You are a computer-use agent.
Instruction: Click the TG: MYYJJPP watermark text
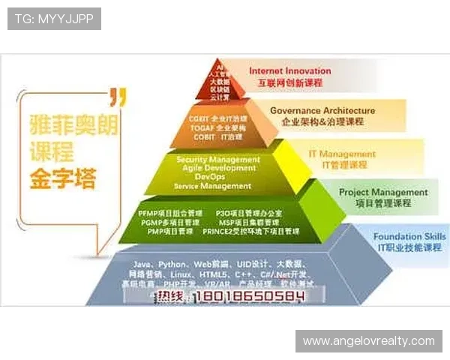click(53, 18)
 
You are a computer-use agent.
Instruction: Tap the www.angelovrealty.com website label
click(368, 341)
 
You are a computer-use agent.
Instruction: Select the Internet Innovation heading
click(289, 71)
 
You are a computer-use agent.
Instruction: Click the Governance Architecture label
click(322, 111)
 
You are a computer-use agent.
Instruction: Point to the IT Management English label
click(342, 154)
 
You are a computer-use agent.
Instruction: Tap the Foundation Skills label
click(409, 237)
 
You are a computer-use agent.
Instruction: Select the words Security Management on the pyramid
click(218, 160)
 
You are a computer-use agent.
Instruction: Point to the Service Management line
click(212, 186)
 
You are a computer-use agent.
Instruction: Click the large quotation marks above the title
click(117, 96)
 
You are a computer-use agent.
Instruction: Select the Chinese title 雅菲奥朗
click(73, 123)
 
